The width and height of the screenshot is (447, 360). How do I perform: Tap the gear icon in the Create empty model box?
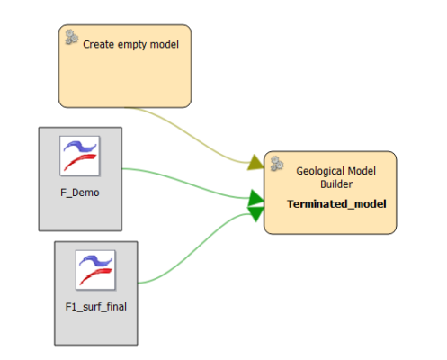[x=70, y=38]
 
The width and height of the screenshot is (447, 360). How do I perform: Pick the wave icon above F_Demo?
[x=79, y=156]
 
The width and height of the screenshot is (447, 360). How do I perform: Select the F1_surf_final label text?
[x=96, y=306]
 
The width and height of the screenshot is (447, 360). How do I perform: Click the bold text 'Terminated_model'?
[x=335, y=203]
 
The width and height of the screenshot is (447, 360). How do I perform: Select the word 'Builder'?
[x=335, y=184]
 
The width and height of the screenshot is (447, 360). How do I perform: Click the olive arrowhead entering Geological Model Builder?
[x=256, y=163]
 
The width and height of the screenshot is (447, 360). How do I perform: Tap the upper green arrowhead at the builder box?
[x=255, y=197]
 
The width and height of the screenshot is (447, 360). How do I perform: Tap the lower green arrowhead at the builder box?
[x=255, y=211]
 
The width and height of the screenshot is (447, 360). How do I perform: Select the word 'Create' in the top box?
[x=97, y=42]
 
